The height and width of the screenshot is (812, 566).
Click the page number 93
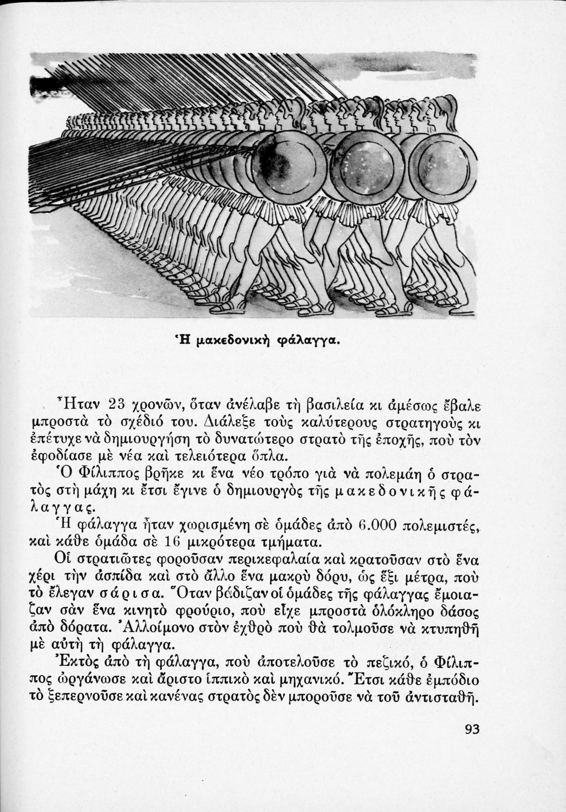click(x=472, y=729)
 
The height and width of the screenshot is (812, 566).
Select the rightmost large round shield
click(x=442, y=165)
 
